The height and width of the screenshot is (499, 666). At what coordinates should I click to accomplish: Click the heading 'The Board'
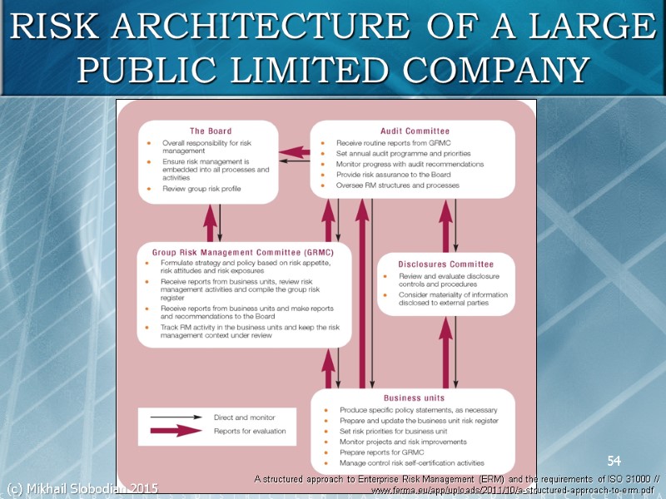(x=211, y=131)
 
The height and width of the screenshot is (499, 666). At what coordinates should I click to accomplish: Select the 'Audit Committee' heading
(x=415, y=131)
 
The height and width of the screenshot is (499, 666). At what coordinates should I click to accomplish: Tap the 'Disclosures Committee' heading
(x=445, y=264)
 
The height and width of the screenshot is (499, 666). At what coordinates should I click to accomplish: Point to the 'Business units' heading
(x=414, y=398)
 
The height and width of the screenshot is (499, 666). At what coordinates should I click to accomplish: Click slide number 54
(x=614, y=461)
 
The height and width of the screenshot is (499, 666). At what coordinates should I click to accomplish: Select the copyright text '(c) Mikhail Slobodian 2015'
(x=82, y=487)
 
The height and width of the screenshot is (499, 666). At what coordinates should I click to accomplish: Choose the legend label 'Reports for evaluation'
(x=250, y=431)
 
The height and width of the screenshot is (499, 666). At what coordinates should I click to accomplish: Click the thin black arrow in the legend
(x=176, y=417)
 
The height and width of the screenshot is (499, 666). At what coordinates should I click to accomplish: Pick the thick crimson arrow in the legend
(x=176, y=431)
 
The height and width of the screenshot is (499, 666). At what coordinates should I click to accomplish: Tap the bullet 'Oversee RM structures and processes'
(x=397, y=185)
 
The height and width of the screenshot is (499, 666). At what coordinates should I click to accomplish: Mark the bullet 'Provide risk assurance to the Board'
(x=395, y=175)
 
